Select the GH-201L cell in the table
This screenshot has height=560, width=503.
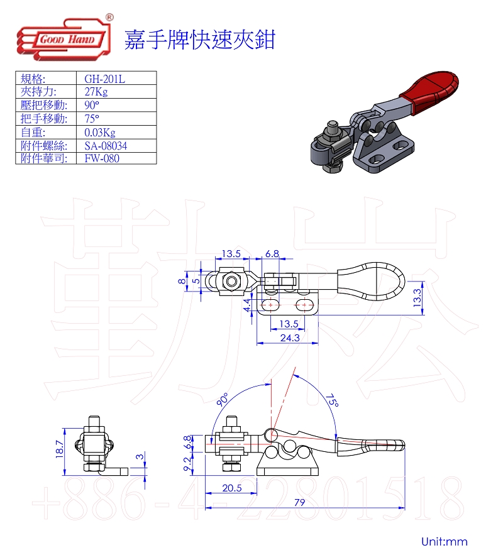click(105, 79)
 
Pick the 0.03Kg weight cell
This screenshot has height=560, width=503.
click(100, 132)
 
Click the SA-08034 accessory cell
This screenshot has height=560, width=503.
click(106, 145)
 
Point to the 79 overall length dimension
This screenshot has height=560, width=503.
click(300, 502)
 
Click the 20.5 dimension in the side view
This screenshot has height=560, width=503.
click(231, 488)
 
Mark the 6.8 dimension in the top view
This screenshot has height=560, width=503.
click(272, 253)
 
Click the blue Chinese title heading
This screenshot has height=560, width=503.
click(199, 39)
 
